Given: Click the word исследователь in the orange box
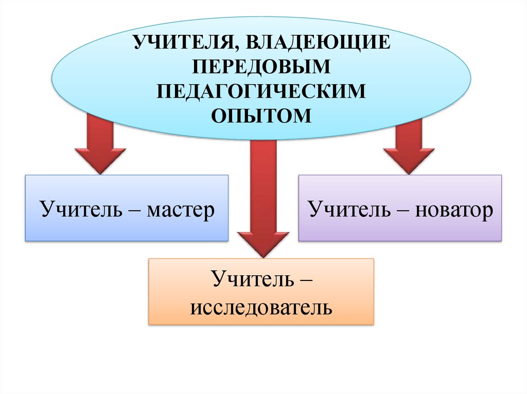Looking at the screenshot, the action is (261, 308).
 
